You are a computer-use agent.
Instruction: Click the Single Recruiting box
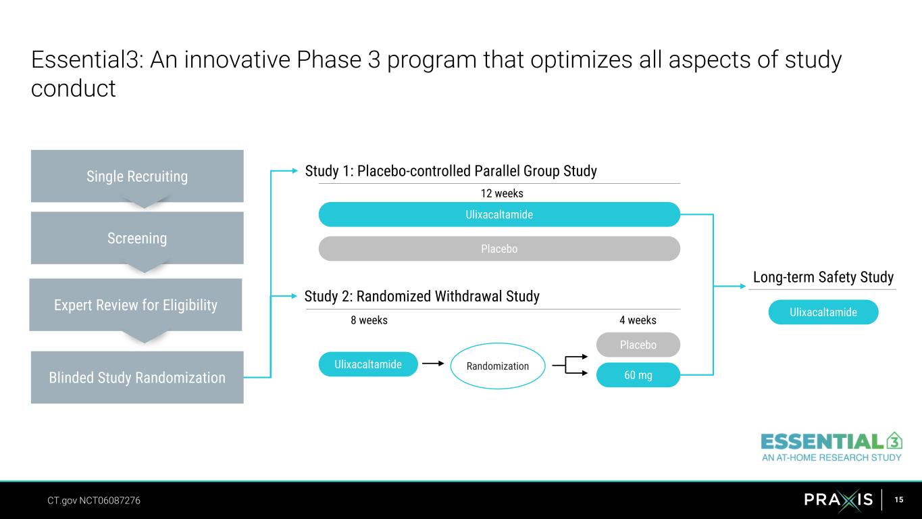tap(137, 176)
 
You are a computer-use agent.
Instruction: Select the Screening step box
tap(137, 238)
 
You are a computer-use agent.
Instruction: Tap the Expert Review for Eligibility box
tap(135, 305)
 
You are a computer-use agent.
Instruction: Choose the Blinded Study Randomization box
tap(137, 377)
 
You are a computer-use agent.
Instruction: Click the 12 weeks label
tap(502, 193)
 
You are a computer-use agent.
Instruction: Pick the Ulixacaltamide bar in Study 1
tap(499, 214)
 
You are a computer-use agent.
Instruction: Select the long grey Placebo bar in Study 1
tap(499, 249)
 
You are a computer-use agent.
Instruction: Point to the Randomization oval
tap(498, 366)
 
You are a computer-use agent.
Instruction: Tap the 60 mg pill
tap(638, 375)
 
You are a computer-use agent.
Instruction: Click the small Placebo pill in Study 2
tap(638, 345)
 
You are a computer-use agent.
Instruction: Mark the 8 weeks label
tap(369, 320)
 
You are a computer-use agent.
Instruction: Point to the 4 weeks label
tap(638, 320)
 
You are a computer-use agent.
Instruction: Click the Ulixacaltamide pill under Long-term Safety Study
tap(823, 312)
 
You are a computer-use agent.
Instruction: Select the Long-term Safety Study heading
tap(823, 277)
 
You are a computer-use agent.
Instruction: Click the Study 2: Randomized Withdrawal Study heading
tap(422, 296)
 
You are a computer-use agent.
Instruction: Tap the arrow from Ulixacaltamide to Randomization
tap(433, 364)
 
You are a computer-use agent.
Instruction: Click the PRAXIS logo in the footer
tap(838, 499)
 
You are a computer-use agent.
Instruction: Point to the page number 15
tap(899, 499)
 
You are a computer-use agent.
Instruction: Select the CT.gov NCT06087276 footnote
tap(94, 501)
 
